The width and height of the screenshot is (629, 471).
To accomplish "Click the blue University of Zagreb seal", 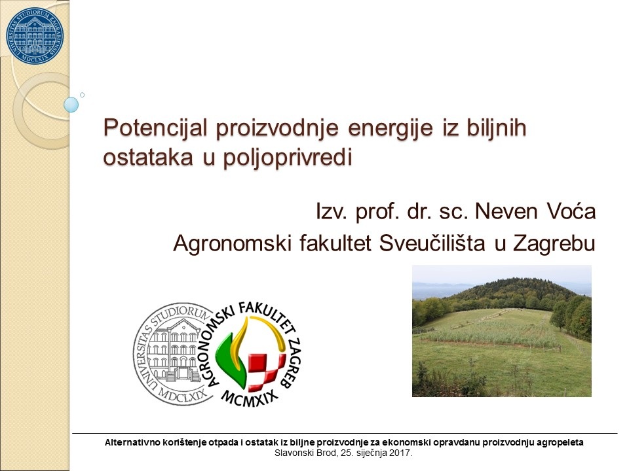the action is click(35, 35).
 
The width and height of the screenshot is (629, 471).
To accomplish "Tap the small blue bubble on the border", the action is click(71, 105).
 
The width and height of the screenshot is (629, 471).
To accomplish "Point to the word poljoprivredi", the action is click(288, 158).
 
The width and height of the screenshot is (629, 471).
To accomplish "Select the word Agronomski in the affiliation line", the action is click(232, 243).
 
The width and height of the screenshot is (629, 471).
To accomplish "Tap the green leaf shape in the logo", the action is click(232, 358).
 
